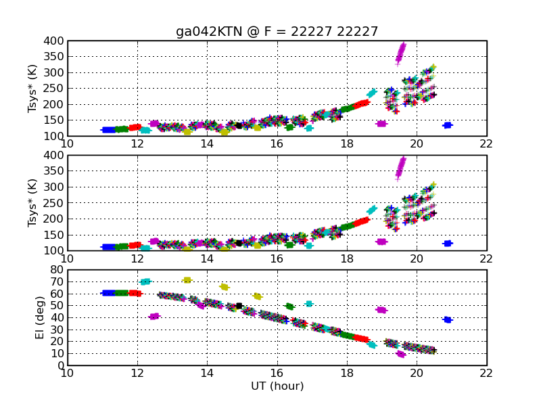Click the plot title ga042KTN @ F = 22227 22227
(x=277, y=32)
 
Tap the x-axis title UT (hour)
(x=277, y=386)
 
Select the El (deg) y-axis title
(x=41, y=317)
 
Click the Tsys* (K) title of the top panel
(x=32, y=88)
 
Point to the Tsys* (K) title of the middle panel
(x=32, y=202)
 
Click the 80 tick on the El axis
(x=57, y=271)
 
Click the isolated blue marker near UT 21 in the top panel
(x=447, y=125)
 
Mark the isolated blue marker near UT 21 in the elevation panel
(x=447, y=319)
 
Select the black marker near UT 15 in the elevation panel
(x=239, y=306)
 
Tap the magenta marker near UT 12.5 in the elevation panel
(x=154, y=316)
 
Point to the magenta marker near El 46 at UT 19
(x=381, y=310)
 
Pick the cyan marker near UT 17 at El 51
(x=309, y=304)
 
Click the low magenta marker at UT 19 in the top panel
(x=381, y=124)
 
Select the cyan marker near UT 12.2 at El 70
(x=145, y=281)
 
